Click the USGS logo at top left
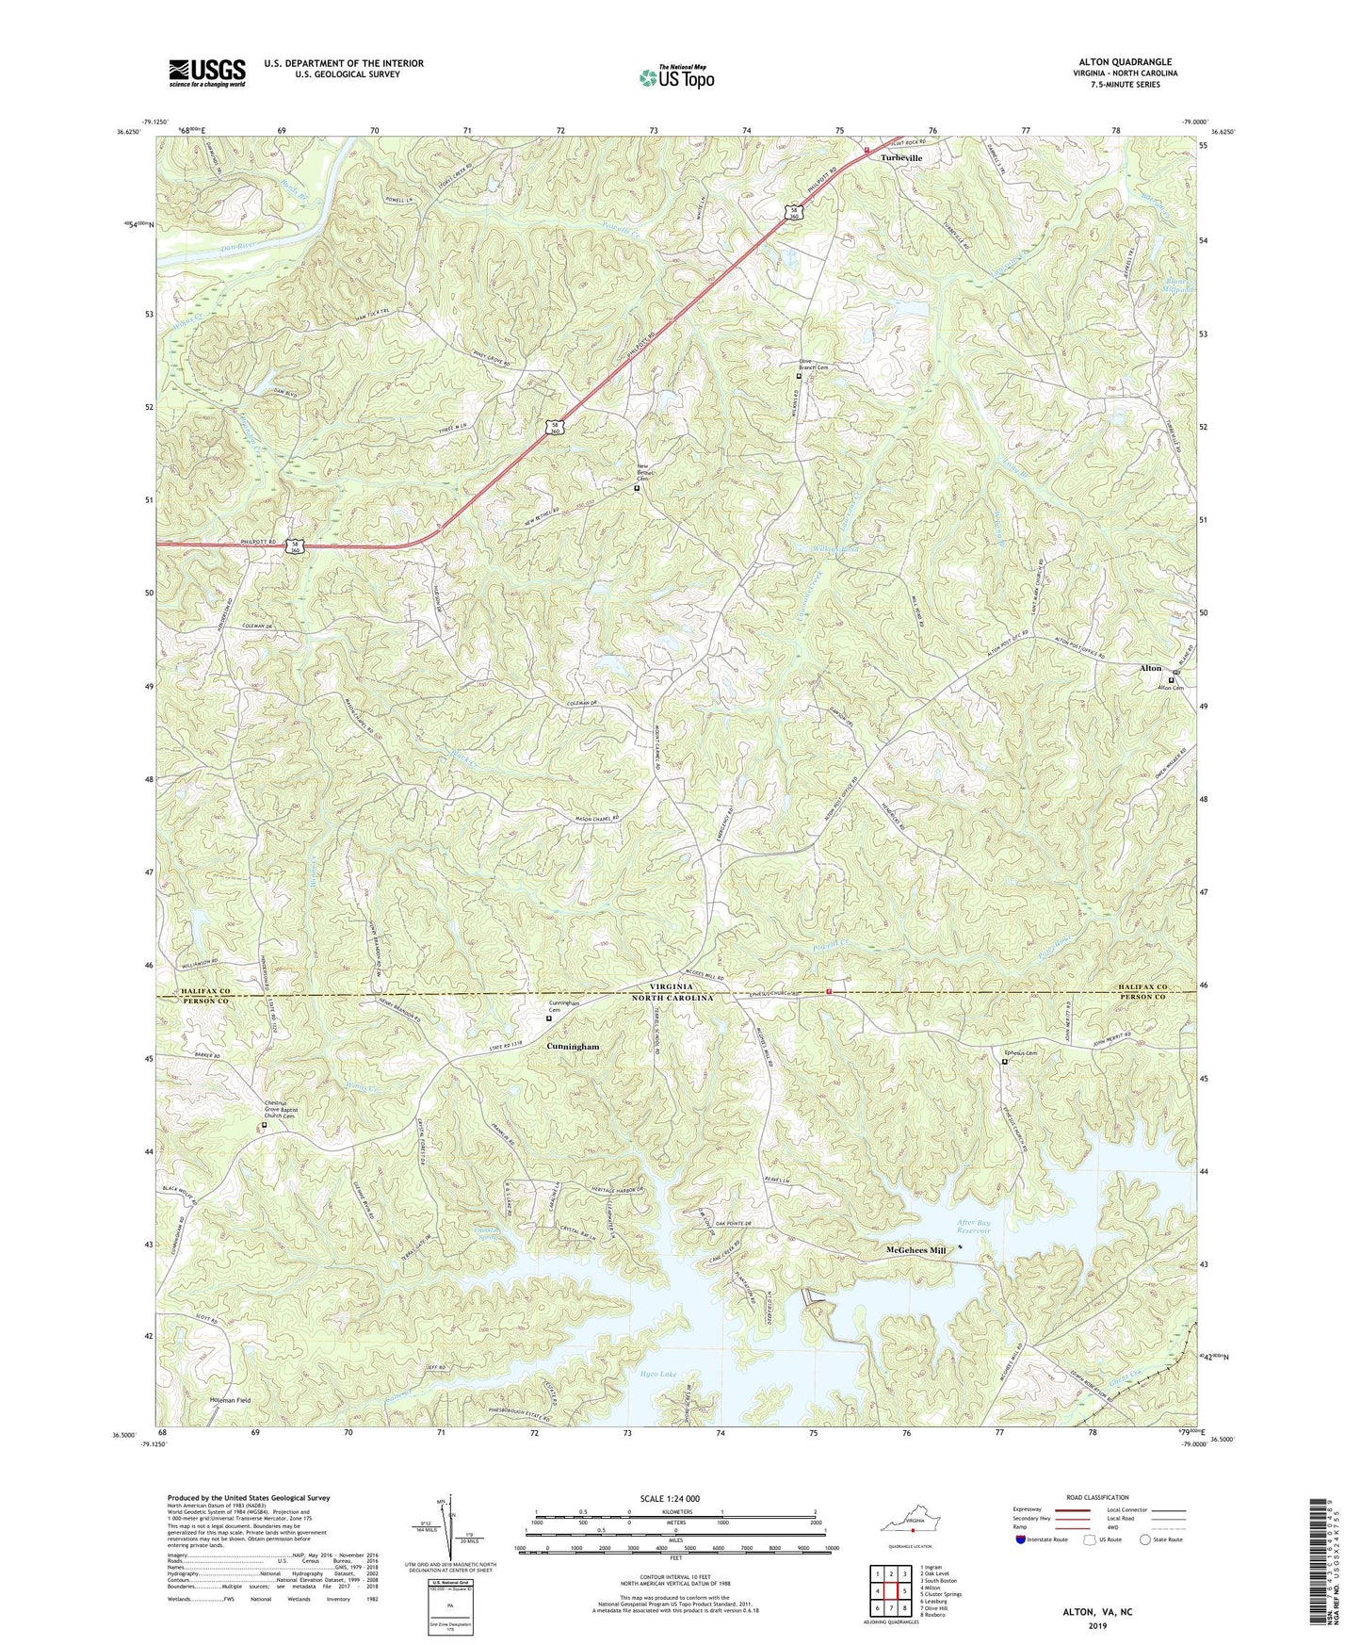[x=207, y=73]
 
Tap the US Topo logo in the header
[x=676, y=77]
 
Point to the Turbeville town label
[x=901, y=158]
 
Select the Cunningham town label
[x=573, y=1047]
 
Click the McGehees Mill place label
[x=915, y=1250]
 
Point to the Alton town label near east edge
[x=1150, y=668]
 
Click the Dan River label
[x=237, y=247]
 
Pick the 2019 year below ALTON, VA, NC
[x=1096, y=1625]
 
